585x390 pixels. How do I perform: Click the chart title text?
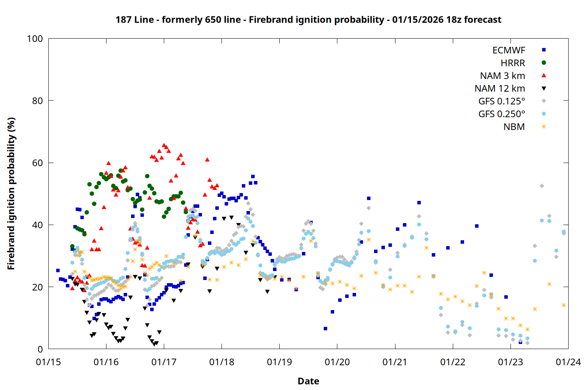308,19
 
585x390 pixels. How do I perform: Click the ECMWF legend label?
509,50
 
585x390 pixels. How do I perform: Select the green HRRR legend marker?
544,63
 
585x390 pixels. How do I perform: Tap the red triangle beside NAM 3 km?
544,75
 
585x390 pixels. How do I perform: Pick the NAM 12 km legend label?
500,89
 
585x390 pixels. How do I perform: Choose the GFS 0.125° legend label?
502,101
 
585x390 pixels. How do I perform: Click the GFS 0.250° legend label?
502,114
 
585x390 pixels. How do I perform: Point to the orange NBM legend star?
544,127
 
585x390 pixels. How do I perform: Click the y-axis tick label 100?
35,39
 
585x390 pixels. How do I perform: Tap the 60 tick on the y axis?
37,163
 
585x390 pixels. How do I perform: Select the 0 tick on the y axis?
40,349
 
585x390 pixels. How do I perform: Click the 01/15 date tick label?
48,362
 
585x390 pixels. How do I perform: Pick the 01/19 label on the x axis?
279,362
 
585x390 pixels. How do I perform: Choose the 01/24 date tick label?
568,362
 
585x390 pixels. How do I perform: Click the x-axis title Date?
308,381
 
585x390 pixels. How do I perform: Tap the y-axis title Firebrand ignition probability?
11,193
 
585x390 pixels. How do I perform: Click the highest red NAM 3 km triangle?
164,145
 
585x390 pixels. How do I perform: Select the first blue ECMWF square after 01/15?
58,270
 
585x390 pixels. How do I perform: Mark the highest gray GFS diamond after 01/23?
542,186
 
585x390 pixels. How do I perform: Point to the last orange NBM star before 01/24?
564,305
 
